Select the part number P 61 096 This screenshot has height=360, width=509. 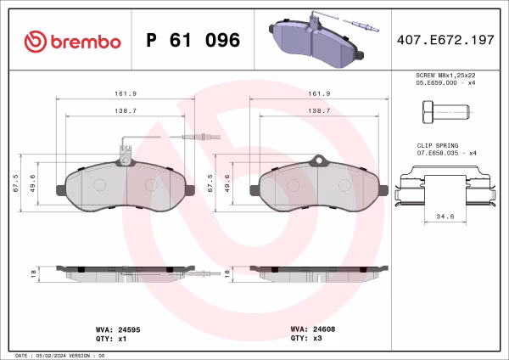tap(193, 41)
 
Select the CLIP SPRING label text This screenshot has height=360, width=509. tap(435, 146)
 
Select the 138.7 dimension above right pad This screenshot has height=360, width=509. tap(318, 111)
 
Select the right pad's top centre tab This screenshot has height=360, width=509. tap(319, 159)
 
